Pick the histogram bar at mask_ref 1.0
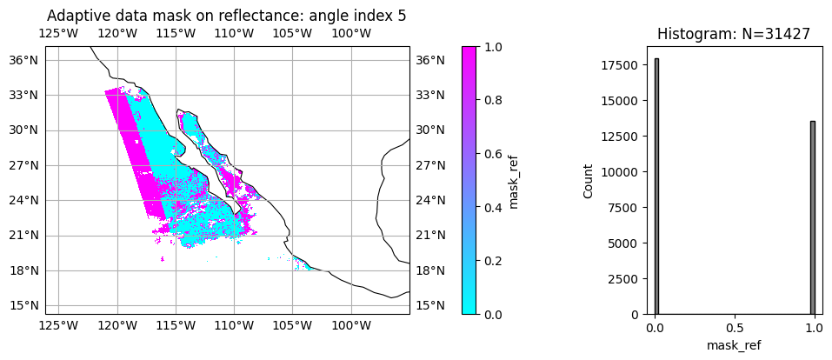[x=812, y=217]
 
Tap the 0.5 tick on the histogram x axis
[x=735, y=329]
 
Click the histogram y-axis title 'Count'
[x=589, y=181]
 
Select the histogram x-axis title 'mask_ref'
[x=735, y=345]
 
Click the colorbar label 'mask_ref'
[x=514, y=181]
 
